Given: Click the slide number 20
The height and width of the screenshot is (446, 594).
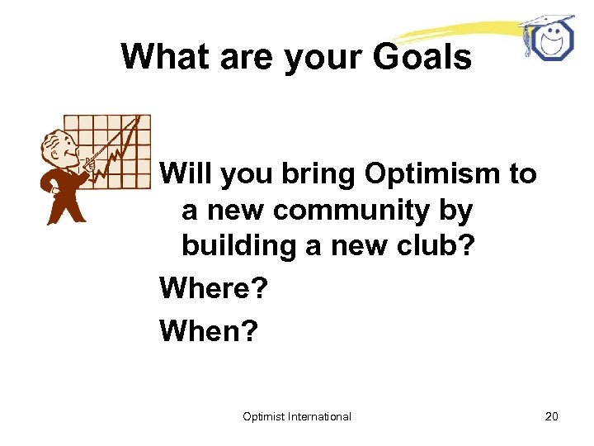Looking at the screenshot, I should (551, 416).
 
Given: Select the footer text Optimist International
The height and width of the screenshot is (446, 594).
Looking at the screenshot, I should (297, 416).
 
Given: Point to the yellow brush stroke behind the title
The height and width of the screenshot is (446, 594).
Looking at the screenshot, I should (462, 31).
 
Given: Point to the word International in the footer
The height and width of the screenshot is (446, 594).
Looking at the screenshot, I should (320, 416).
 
